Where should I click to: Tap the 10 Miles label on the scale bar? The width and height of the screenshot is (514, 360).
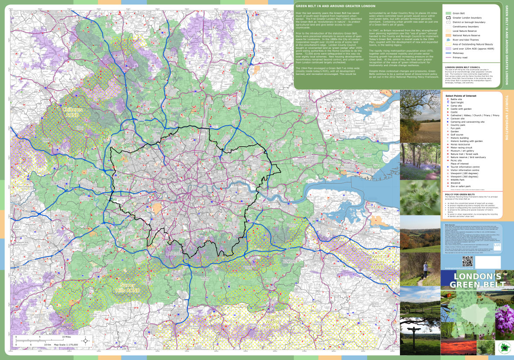click(66, 337)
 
